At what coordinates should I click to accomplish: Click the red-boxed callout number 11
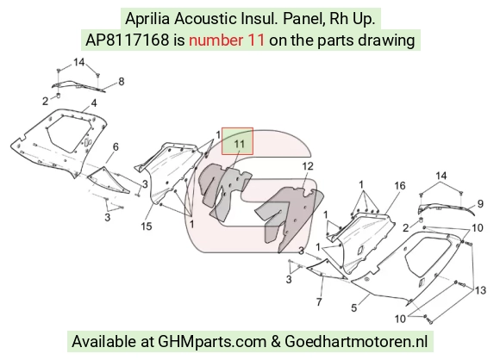[x=239, y=144]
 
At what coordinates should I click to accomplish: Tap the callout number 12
[x=308, y=166]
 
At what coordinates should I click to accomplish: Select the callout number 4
[x=94, y=102]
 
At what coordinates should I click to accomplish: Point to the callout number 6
[x=116, y=146]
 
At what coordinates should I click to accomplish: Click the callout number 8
[x=122, y=82]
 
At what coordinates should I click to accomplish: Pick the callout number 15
[x=147, y=227]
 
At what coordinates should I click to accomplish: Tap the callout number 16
[x=400, y=185]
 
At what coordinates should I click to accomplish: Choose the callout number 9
[x=480, y=203]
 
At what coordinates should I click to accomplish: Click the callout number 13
[x=480, y=290]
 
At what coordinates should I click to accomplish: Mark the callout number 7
[x=319, y=301]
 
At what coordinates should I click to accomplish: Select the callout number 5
[x=354, y=307]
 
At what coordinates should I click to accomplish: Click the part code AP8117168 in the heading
[x=128, y=40]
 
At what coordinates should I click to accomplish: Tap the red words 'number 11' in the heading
[x=227, y=40]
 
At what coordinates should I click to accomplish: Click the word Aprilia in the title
[x=147, y=19]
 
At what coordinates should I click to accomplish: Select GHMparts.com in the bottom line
[x=212, y=342]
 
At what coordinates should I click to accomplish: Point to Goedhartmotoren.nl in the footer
[x=356, y=342]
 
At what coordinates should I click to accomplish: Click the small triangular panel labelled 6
[x=108, y=180]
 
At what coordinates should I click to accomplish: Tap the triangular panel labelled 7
[x=327, y=270]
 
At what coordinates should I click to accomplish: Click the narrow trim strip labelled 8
[x=78, y=86]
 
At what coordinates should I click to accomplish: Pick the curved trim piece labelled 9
[x=447, y=209]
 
